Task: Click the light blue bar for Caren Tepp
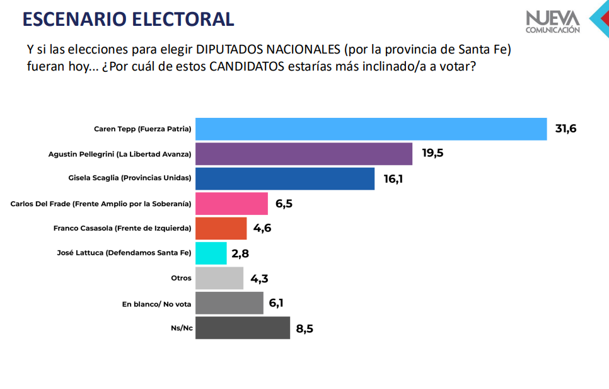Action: click(x=371, y=129)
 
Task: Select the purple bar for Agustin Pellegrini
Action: click(x=304, y=154)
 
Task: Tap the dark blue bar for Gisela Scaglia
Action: click(x=285, y=178)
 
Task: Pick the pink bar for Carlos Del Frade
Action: click(x=231, y=203)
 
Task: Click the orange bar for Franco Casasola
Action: click(x=221, y=228)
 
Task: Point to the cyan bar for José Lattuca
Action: click(x=211, y=253)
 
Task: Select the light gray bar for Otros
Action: click(x=219, y=278)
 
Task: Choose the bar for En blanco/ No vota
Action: click(x=229, y=303)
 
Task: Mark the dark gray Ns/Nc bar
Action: click(x=243, y=328)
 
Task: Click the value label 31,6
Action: click(x=565, y=129)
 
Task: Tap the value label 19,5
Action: click(x=432, y=154)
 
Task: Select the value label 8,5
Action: click(x=306, y=328)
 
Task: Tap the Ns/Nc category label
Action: click(x=181, y=328)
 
